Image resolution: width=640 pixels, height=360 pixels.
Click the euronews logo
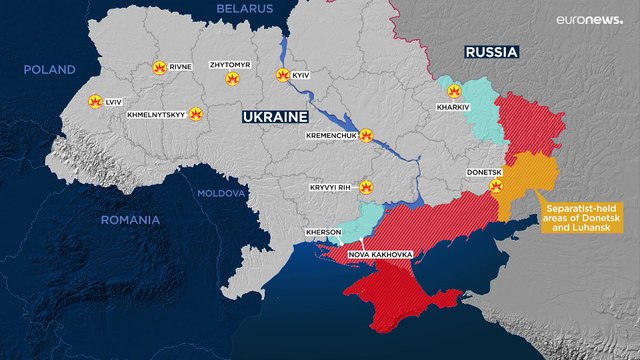tap(588, 21)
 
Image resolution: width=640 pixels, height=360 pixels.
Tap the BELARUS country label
tap(246, 8)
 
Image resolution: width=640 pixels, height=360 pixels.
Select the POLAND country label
tap(50, 70)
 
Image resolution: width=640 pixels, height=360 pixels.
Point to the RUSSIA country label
tap(490, 52)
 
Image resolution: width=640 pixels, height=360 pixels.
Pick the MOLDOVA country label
tap(220, 192)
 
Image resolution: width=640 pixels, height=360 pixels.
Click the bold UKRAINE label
tap(273, 117)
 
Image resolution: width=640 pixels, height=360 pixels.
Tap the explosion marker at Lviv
tap(95, 101)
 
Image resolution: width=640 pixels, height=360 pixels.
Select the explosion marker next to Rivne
tap(157, 68)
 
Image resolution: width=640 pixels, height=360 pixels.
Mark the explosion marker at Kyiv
tap(282, 75)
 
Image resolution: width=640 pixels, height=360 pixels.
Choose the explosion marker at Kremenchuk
tap(367, 133)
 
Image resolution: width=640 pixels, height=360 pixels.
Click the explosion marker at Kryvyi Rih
tap(366, 186)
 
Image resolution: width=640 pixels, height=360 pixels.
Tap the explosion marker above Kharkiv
tap(453, 91)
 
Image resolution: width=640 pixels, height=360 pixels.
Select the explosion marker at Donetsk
tap(495, 186)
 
